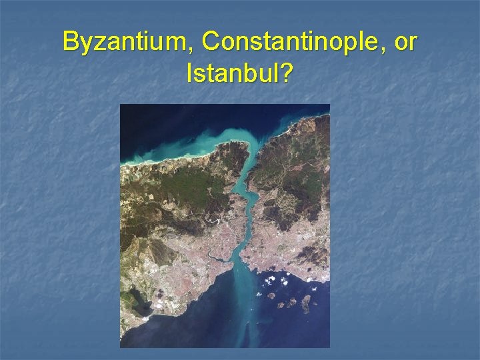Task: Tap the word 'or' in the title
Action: pyautogui.click(x=405, y=42)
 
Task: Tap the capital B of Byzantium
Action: pyautogui.click(x=69, y=42)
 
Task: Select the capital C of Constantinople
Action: pyautogui.click(x=210, y=42)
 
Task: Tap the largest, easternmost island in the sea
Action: pyautogui.click(x=306, y=303)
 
